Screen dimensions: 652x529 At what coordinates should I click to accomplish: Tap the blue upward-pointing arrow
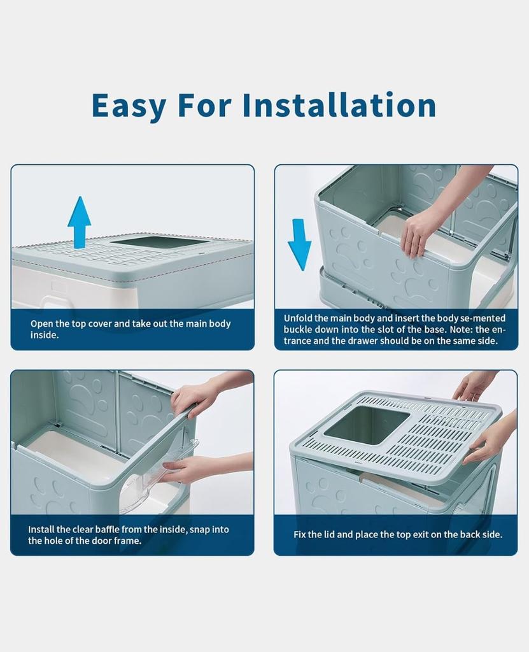[79, 222]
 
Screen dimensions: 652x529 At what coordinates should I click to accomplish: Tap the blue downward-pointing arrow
[300, 244]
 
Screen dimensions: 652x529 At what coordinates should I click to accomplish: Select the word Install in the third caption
[41, 529]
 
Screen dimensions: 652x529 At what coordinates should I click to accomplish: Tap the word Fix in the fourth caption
[300, 535]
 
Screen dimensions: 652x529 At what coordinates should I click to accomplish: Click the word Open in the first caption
[42, 323]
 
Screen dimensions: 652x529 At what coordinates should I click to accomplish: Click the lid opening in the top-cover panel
[159, 242]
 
